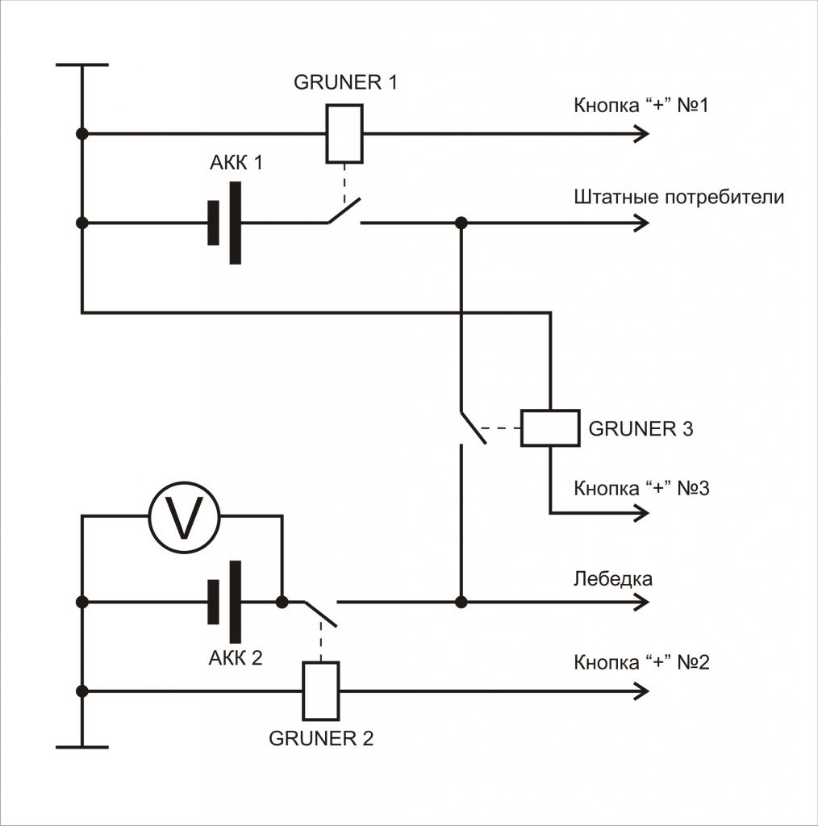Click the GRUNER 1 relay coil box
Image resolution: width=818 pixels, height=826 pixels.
tap(344, 134)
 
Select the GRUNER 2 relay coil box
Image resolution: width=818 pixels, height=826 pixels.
tap(320, 690)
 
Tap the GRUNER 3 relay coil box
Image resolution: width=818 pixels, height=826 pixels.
tap(549, 428)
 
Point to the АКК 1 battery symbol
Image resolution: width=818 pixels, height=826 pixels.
tap(224, 223)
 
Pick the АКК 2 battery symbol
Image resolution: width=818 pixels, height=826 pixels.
tap(224, 602)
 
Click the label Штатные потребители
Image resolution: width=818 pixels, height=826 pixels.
tap(678, 198)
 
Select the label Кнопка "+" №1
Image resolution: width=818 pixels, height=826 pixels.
tap(641, 106)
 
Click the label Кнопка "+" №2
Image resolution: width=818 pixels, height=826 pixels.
tap(641, 663)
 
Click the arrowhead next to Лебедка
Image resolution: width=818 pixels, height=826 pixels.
tap(641, 602)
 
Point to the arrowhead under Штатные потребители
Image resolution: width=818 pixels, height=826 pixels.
tap(641, 223)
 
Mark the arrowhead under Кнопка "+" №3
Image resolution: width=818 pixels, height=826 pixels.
tap(641, 513)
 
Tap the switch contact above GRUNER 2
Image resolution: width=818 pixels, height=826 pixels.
tap(320, 612)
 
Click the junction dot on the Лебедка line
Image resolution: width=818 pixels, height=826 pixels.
tap(461, 602)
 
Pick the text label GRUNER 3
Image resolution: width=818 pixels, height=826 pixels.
tap(641, 428)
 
